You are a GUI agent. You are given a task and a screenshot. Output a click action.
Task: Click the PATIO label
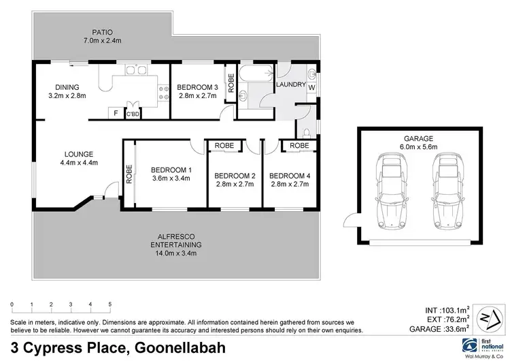[103, 31]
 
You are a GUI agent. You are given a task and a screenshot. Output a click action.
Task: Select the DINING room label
[68, 87]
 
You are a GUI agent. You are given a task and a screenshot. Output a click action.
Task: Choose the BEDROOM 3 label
[197, 87]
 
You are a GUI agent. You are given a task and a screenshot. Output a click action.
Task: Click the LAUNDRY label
[290, 84]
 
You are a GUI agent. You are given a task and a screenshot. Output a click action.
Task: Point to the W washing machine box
[311, 89]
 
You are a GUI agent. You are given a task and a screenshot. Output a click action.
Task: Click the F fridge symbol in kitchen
[116, 113]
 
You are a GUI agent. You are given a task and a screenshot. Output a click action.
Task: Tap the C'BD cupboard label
[133, 114]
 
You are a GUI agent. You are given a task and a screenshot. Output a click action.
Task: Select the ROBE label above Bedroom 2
[224, 146]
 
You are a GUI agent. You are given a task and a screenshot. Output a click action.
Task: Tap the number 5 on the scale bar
[110, 304]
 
